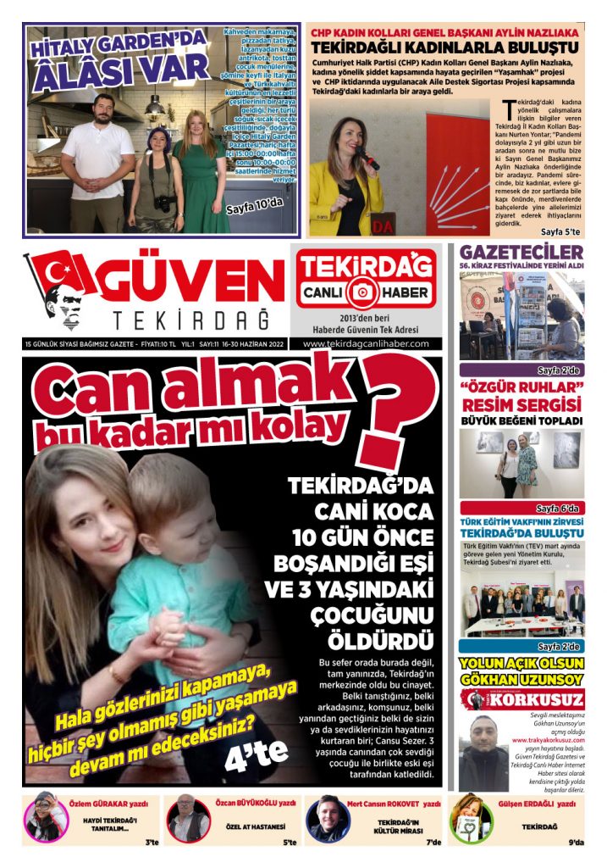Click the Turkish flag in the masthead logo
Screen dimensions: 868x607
[x=61, y=273]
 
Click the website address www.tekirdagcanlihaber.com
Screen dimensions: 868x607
[x=367, y=343]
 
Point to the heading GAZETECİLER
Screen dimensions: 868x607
[x=521, y=253]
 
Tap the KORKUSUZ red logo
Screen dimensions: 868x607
[x=522, y=700]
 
